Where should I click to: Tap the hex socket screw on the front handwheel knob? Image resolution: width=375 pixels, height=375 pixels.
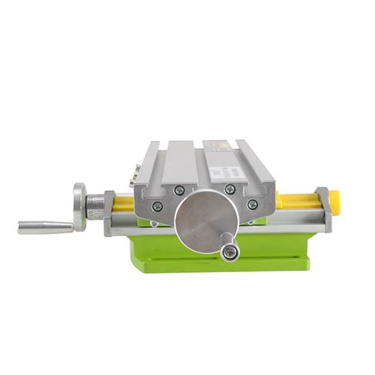230,252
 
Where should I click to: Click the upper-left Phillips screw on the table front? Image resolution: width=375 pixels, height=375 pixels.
179,189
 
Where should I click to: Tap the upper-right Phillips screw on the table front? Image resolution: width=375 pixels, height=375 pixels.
230,189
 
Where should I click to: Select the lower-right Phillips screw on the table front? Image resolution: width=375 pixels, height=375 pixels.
252,205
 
